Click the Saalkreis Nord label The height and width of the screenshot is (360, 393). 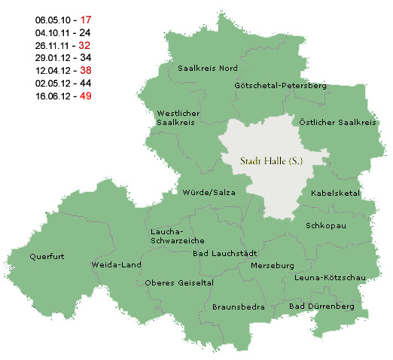point(208,68)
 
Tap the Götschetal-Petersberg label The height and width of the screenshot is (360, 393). point(281,86)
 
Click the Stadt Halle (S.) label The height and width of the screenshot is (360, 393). point(267,160)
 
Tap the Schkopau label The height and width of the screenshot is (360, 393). point(325,225)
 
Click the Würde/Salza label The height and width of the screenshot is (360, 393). point(204,193)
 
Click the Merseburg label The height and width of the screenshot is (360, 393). point(272,266)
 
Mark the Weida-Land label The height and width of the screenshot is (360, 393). point(116,265)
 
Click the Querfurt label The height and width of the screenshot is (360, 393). point(47,256)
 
